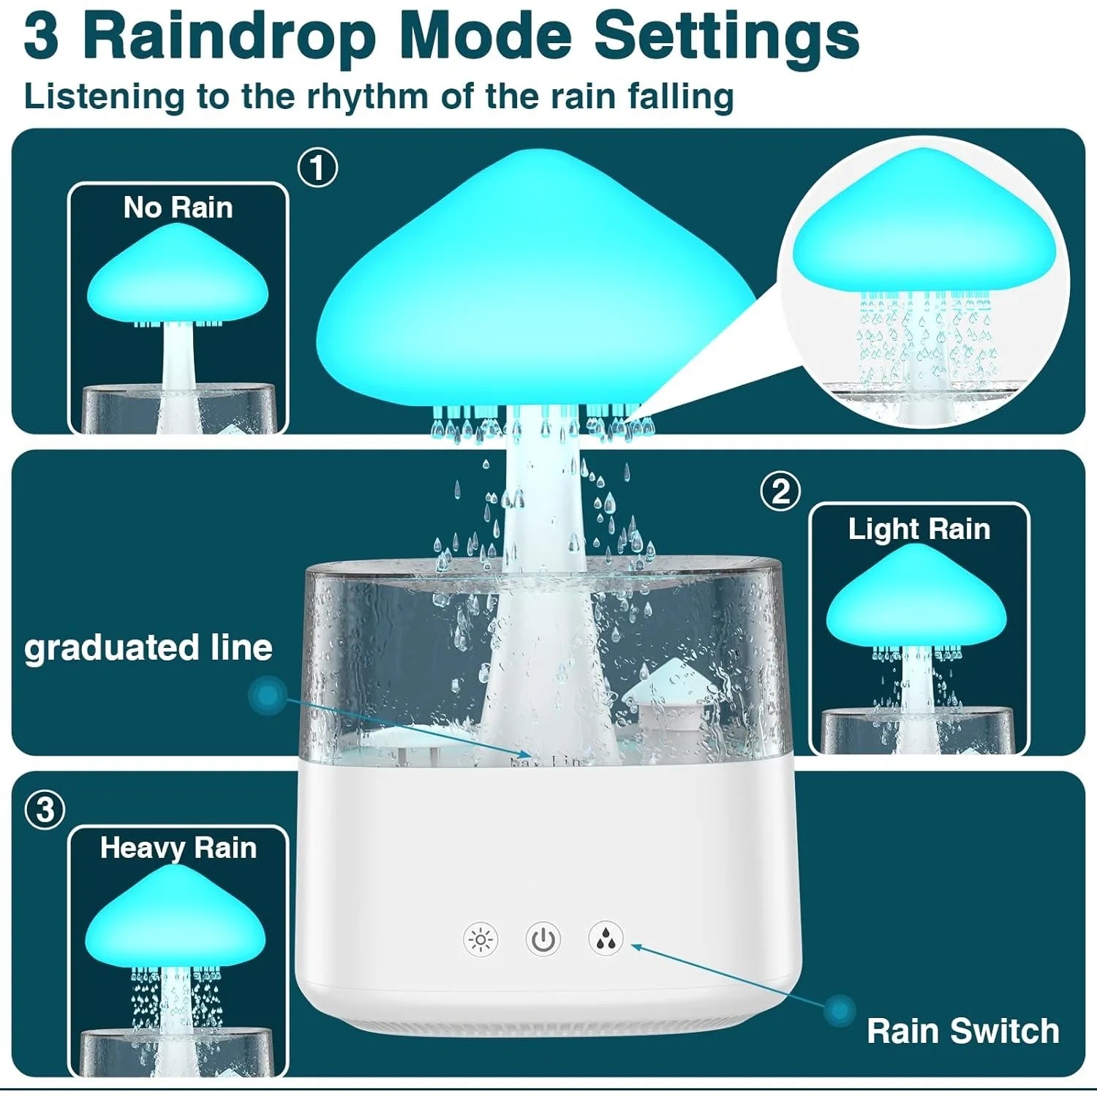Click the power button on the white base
point(543,939)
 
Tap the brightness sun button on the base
point(480,939)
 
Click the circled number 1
point(317,168)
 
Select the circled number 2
point(780,491)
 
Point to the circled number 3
point(45,810)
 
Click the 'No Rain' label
point(178,208)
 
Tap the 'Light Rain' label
point(919,529)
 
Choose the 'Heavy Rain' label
point(178,848)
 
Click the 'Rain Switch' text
point(962,1031)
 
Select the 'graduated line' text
point(148,648)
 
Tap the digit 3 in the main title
point(41,37)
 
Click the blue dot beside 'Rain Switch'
point(840,1011)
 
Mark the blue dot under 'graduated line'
point(268,695)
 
